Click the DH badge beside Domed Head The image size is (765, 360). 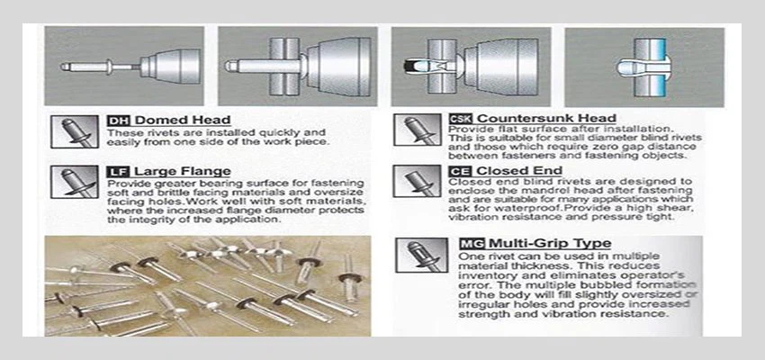click(x=118, y=121)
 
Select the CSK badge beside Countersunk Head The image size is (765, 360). click(x=461, y=119)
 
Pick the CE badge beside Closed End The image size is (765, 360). click(x=460, y=171)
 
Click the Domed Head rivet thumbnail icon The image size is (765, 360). click(x=75, y=131)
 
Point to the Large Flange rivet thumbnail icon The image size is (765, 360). click(x=75, y=182)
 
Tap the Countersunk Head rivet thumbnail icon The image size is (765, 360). click(x=418, y=130)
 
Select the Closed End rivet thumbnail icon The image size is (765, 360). click(x=418, y=181)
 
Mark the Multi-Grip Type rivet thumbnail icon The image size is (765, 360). click(x=421, y=255)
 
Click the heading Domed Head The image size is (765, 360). click(x=183, y=120)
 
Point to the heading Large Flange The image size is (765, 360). click(x=183, y=172)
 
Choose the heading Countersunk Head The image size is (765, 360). click(x=547, y=119)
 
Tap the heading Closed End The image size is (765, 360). click(x=519, y=171)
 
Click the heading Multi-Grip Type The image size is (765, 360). click(x=550, y=243)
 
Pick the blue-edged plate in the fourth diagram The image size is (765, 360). click(x=650, y=67)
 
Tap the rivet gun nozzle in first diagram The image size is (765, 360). click(x=171, y=67)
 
